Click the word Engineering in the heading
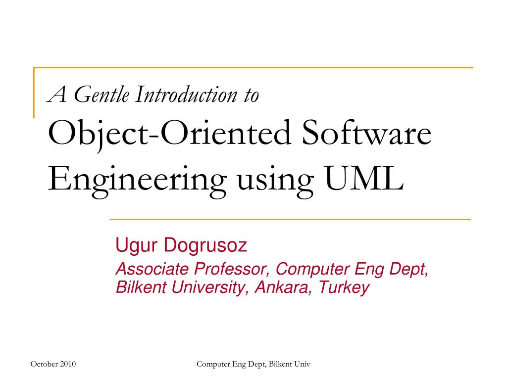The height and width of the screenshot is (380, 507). [134, 181]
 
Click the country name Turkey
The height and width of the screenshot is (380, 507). [344, 287]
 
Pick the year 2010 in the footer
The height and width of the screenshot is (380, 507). [68, 364]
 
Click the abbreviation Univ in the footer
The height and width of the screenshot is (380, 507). [302, 364]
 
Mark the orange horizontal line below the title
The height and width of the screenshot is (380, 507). [290, 218]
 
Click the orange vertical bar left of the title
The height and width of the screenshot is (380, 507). [34, 92]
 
